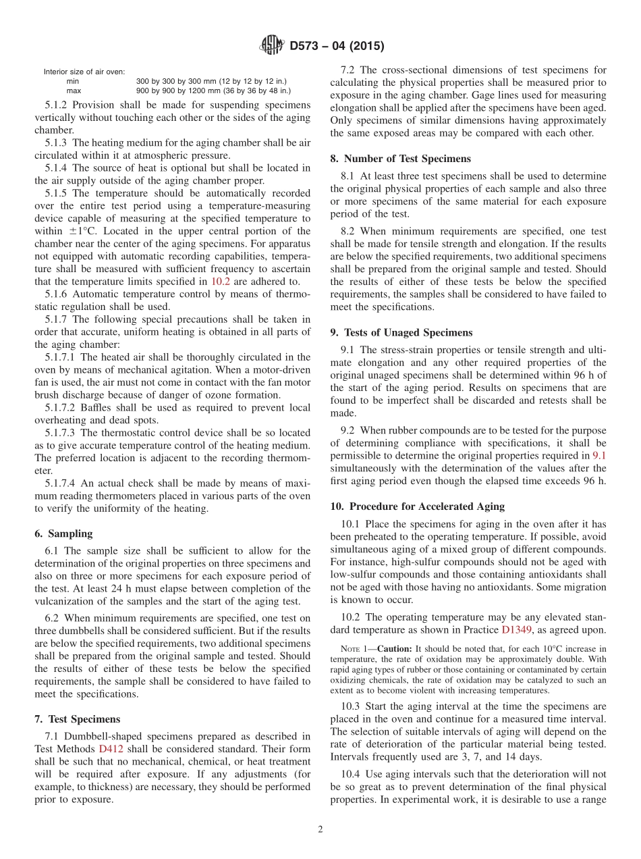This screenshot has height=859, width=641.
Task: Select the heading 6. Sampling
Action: point(65,533)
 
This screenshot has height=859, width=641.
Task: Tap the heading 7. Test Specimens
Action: point(78,719)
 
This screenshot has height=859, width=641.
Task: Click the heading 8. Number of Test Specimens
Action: point(401,159)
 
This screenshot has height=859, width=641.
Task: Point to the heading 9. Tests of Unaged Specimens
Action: point(401,332)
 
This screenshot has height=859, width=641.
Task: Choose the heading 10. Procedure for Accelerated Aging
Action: point(418,506)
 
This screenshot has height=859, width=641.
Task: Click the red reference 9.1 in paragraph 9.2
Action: point(599,456)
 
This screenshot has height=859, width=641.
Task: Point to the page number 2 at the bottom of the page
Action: point(320,830)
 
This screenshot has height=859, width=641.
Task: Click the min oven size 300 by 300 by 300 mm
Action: point(213,81)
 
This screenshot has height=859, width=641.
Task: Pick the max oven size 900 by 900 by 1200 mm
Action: point(213,90)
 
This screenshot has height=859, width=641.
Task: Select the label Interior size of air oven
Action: point(84,72)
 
